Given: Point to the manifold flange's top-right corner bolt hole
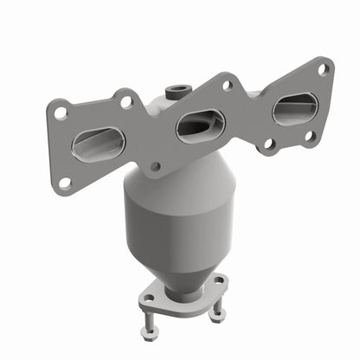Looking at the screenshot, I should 323,70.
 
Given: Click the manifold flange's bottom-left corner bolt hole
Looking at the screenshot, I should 65,183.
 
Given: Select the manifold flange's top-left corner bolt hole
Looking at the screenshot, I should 61,112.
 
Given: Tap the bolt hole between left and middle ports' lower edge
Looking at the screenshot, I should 155,166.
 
